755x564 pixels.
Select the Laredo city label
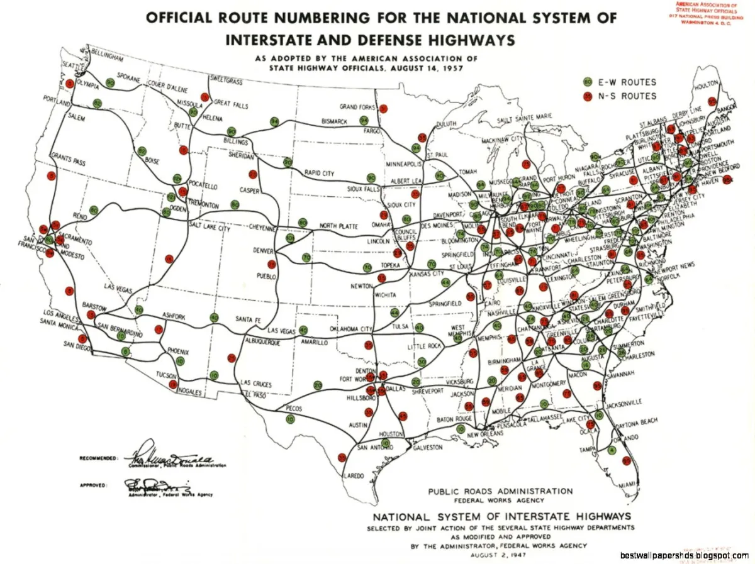point(353,476)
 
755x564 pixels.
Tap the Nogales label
point(188,392)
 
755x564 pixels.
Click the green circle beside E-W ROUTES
point(588,82)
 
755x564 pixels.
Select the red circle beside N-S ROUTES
point(588,96)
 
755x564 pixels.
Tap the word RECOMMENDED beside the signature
point(98,458)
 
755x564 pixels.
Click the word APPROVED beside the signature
point(93,485)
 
